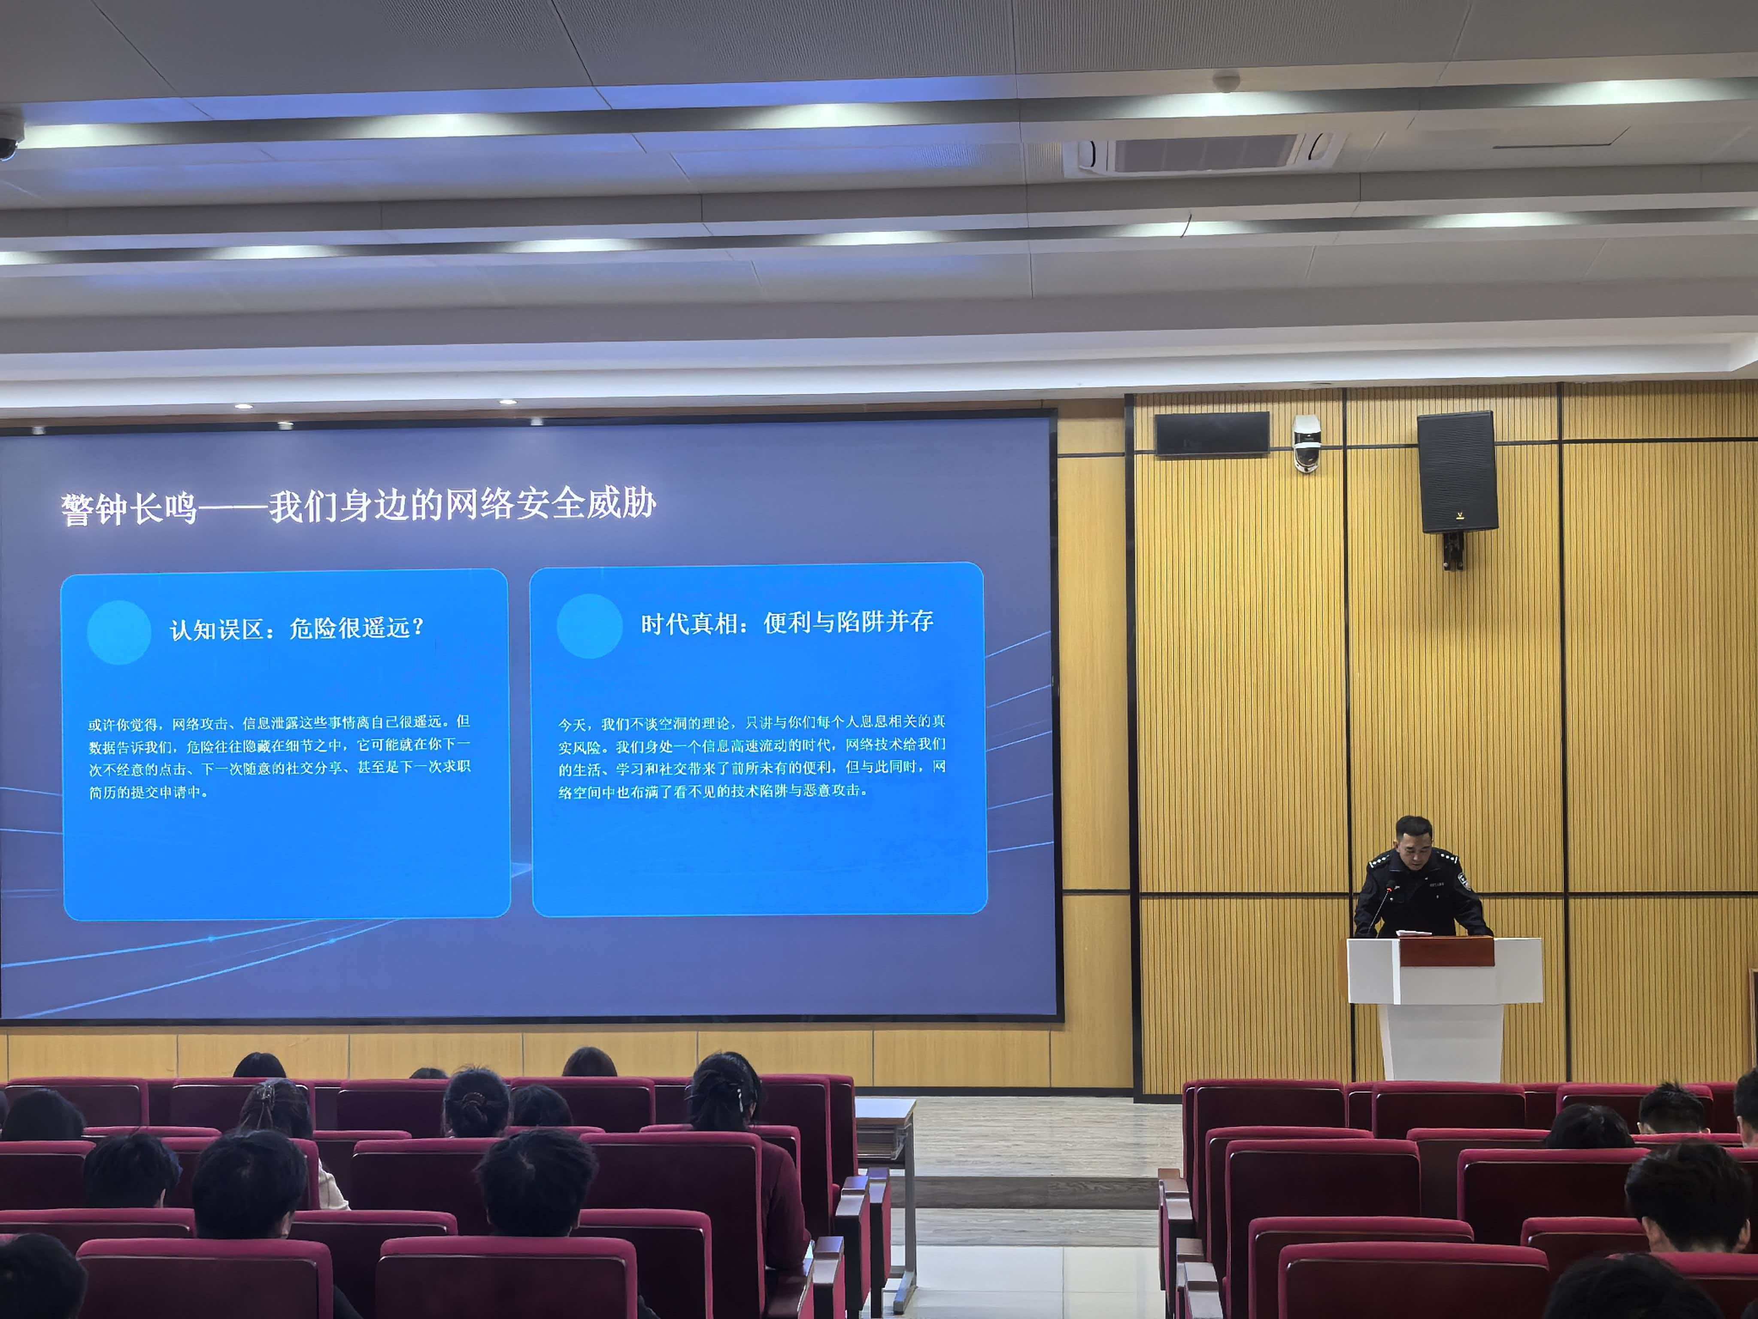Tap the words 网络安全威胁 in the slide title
(550, 504)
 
